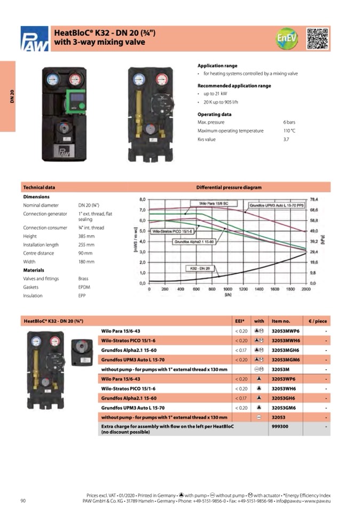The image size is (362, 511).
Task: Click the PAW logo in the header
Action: [34, 39]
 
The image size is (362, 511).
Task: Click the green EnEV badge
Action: [286, 39]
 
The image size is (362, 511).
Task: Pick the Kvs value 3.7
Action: [286, 139]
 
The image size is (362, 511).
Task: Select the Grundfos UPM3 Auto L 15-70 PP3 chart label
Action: [276, 205]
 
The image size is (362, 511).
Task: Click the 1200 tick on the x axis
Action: [243, 289]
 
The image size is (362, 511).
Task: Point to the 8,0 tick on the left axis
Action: [142, 199]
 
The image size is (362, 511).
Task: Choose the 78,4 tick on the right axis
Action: [314, 199]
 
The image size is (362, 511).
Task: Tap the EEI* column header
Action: [240, 321]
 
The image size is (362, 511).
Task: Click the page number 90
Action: [23, 500]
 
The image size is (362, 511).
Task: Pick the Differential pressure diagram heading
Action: [229, 188]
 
